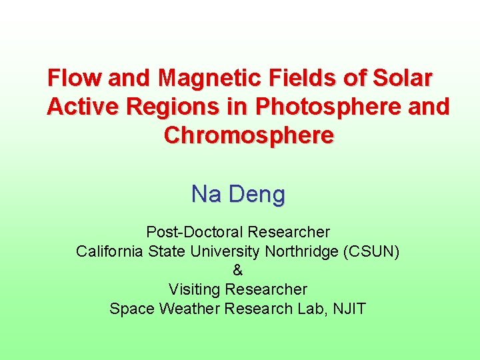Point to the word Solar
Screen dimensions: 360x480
click(x=403, y=79)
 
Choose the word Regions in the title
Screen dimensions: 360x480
click(x=175, y=107)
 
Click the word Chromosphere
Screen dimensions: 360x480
click(x=248, y=135)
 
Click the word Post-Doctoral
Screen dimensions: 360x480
click(x=195, y=233)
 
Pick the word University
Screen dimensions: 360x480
click(x=223, y=251)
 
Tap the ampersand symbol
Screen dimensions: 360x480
click(x=238, y=271)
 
